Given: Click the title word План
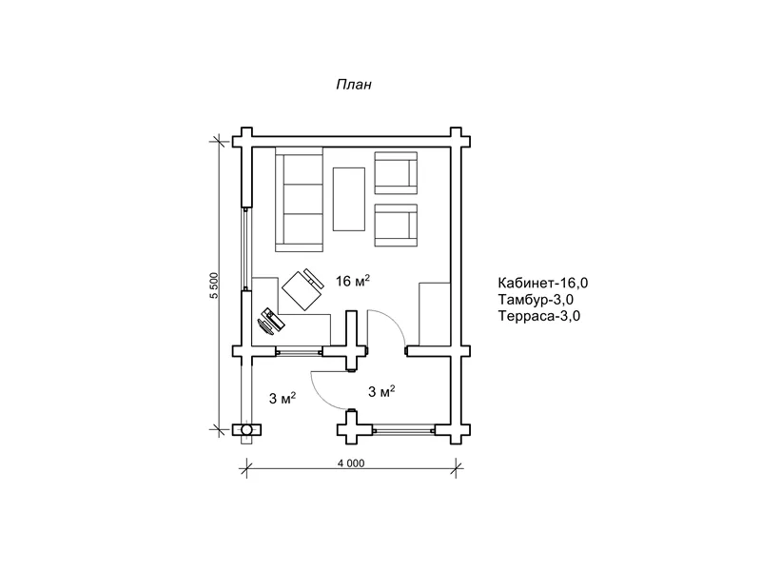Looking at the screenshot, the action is click(354, 85).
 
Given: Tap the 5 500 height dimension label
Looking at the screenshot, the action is click(215, 285).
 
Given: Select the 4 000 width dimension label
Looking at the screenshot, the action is click(351, 463).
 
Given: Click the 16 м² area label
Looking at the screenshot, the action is click(353, 280).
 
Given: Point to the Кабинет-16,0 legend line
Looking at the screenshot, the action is click(543, 283).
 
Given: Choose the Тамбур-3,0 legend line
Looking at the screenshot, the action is click(536, 299).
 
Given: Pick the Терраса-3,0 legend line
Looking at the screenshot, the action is click(538, 316).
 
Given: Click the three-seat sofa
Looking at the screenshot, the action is click(299, 199).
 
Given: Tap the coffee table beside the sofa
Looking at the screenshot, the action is click(348, 199).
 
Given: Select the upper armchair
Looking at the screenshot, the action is click(396, 173).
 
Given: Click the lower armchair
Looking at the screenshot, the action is click(396, 226).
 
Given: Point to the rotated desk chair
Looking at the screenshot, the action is click(303, 288).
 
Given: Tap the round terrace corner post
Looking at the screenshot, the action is click(246, 430).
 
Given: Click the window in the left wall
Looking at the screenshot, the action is click(246, 249).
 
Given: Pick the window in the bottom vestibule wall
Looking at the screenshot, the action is click(403, 430).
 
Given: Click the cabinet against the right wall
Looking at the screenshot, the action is click(435, 314).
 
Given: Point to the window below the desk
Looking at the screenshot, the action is click(299, 351).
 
